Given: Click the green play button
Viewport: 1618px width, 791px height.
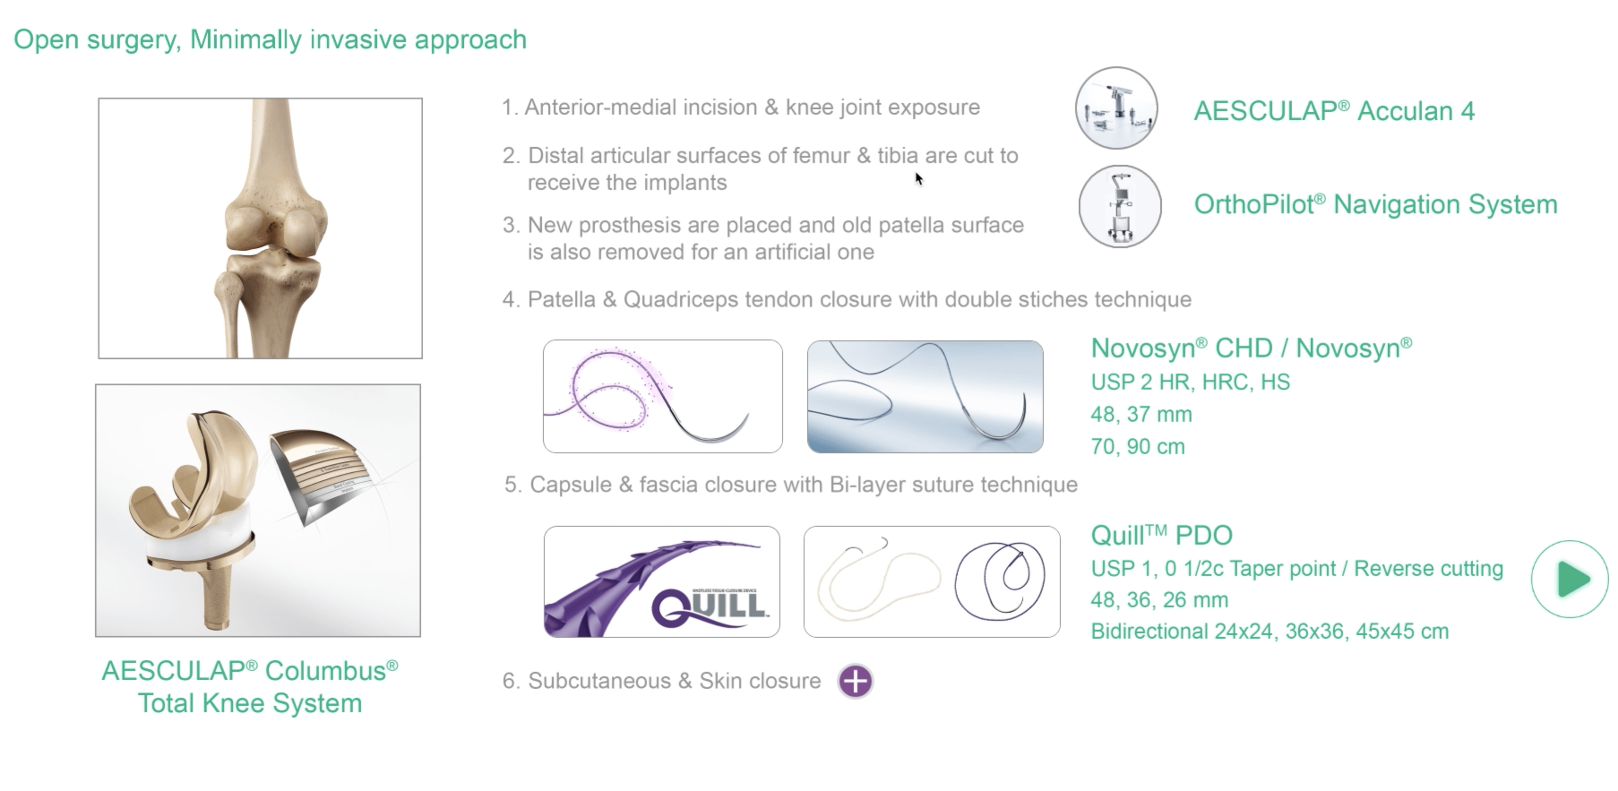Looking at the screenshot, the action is coord(1570,579).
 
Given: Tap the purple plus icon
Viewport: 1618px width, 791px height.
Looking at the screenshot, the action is coord(856,681).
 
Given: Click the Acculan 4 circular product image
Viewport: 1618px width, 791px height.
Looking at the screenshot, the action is coord(1116,107).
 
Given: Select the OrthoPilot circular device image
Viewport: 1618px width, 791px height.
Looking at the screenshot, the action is coord(1120,206).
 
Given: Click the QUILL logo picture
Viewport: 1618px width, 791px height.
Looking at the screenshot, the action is coord(662,582).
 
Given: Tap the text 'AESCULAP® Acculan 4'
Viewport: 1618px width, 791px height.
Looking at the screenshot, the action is coord(1334,111).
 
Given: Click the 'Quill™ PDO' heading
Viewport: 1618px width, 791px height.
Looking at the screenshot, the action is coord(1162,535).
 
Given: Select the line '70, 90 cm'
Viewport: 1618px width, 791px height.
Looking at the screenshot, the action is coord(1137,447).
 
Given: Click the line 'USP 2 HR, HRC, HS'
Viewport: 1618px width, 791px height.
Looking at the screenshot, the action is coord(1190,382).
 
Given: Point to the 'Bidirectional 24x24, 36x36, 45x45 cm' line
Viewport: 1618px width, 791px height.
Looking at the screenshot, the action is coord(1269,631).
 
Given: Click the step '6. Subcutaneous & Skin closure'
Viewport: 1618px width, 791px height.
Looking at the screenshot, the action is coord(661,681).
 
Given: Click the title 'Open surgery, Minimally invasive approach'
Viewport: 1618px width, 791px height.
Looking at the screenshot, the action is coord(270,39).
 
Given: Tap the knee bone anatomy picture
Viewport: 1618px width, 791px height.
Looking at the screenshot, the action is coord(260,228).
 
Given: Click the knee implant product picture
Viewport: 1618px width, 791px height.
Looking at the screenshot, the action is coord(258,510).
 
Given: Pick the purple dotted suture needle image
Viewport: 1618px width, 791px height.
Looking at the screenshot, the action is coord(663,396).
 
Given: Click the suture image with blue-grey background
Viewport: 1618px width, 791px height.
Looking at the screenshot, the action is coord(925,396).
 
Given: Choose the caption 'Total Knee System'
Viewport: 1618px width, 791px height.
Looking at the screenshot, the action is coord(250,703).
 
